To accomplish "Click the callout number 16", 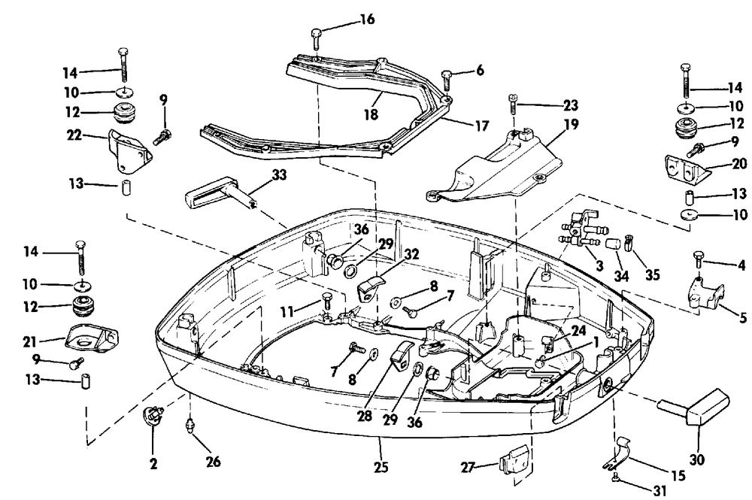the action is pyautogui.click(x=367, y=20).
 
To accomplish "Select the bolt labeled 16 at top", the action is pyautogui.click(x=316, y=39).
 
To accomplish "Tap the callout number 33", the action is pyautogui.click(x=279, y=175).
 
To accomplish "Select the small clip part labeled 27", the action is pyautogui.click(x=514, y=459).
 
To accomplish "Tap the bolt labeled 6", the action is pyautogui.click(x=447, y=80).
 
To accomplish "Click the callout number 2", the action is pyautogui.click(x=153, y=464).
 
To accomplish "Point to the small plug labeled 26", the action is pyautogui.click(x=191, y=426).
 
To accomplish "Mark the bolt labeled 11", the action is pyautogui.click(x=328, y=302).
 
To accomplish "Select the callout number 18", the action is pyautogui.click(x=371, y=114).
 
